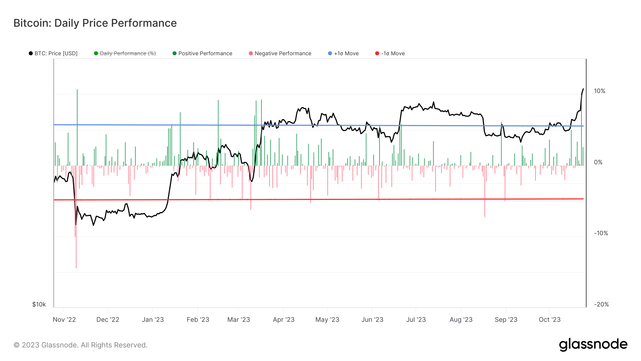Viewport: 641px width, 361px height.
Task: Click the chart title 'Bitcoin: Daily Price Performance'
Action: [95, 23]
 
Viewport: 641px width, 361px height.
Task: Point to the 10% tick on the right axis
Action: [599, 91]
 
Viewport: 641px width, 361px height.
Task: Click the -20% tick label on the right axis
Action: [601, 304]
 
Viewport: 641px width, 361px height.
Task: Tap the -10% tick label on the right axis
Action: [601, 233]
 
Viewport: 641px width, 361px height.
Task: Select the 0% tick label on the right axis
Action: [598, 163]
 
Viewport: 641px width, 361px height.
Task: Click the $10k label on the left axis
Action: [39, 304]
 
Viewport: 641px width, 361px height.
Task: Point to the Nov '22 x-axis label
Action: [64, 320]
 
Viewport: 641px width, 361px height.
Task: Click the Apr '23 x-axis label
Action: [283, 320]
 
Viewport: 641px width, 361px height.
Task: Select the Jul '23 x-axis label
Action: [416, 320]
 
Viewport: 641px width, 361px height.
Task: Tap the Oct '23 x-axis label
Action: [549, 320]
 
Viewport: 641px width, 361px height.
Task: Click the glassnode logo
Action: [593, 345]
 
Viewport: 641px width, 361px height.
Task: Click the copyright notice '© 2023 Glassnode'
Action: [80, 345]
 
